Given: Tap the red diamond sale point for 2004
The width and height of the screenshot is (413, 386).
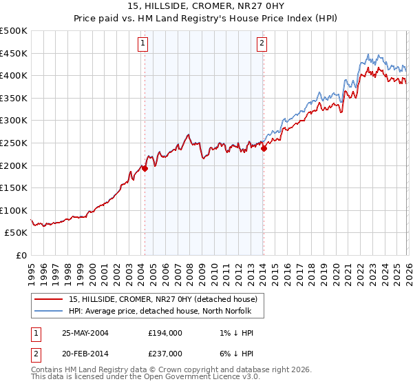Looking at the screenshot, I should [145, 167].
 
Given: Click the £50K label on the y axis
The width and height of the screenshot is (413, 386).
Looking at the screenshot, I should [17, 233].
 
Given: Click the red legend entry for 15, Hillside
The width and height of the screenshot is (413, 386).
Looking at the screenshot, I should [163, 299].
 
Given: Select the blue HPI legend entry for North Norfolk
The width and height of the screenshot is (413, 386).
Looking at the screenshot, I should [160, 311].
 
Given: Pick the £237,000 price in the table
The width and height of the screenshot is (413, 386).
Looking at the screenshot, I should [165, 353].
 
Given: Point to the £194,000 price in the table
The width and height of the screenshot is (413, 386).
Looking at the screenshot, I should [165, 332].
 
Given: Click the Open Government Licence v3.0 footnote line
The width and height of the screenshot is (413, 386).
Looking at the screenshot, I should [142, 378].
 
